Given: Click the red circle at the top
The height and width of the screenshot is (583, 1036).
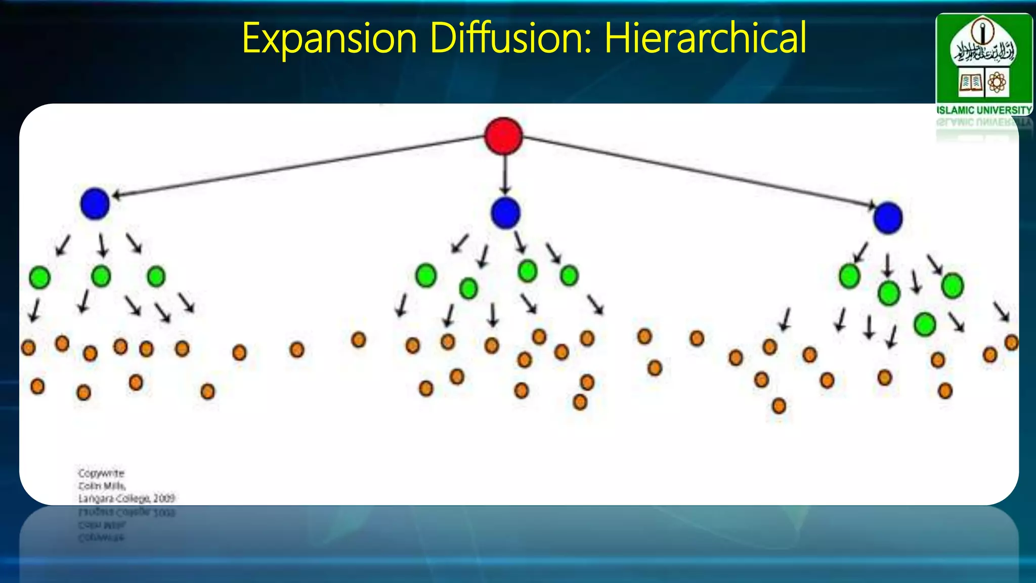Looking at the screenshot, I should pyautogui.click(x=503, y=136).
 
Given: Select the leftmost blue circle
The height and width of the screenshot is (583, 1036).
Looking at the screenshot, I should pyautogui.click(x=95, y=203).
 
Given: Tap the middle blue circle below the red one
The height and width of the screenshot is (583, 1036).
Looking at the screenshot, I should pyautogui.click(x=505, y=213).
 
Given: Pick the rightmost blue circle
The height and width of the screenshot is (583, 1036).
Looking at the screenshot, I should pyautogui.click(x=888, y=218).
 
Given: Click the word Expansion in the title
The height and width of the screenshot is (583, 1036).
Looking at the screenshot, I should pyautogui.click(x=329, y=38).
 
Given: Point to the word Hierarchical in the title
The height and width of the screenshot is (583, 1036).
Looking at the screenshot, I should pyautogui.click(x=705, y=38).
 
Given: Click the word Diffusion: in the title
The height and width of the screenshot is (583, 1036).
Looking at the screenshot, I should pyautogui.click(x=510, y=38).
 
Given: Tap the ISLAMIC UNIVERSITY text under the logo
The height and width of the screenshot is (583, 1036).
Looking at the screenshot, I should pyautogui.click(x=984, y=110).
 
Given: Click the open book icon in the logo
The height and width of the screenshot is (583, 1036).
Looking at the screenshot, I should pyautogui.click(x=970, y=82).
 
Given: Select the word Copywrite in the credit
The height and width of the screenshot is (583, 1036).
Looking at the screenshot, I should pyautogui.click(x=101, y=473).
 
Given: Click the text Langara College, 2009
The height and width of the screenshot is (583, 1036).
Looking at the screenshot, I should pyautogui.click(x=126, y=498).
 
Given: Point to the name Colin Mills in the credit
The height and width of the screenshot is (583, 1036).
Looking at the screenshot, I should pyautogui.click(x=102, y=486).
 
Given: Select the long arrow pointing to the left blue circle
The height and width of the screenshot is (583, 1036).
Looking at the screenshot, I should pyautogui.click(x=298, y=165).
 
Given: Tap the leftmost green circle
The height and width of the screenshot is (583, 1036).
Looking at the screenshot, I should pyautogui.click(x=39, y=277).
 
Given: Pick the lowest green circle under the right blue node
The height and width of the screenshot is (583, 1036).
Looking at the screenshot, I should pyautogui.click(x=925, y=324).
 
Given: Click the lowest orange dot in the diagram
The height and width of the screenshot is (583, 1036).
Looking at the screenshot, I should pyautogui.click(x=779, y=406).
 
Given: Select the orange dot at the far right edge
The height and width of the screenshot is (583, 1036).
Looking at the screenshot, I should pyautogui.click(x=1011, y=343).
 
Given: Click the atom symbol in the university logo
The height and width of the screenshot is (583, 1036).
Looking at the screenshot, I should pyautogui.click(x=997, y=82).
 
